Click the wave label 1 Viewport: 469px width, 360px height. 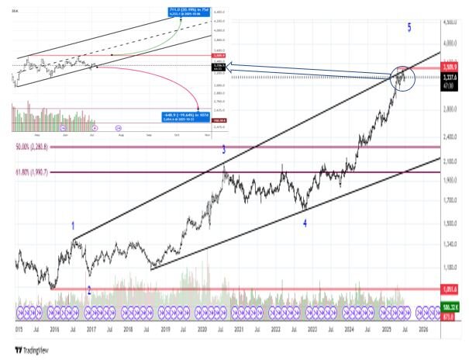73,227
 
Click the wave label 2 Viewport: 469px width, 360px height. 89,291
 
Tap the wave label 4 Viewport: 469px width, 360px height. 305,223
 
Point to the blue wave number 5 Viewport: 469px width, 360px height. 409,28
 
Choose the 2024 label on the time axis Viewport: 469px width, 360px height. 350,329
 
